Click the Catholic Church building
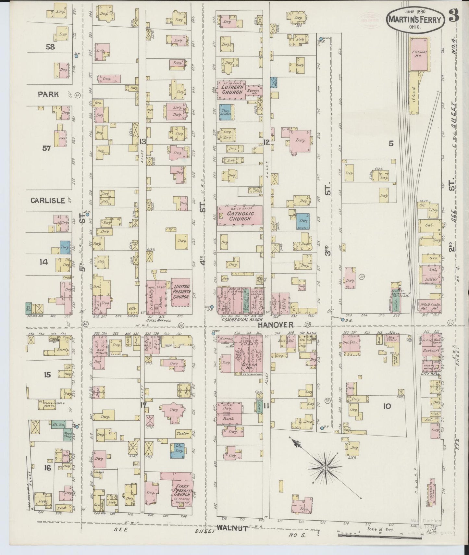pyautogui.click(x=240, y=216)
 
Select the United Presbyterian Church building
pyautogui.click(x=181, y=292)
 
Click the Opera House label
pyautogui.click(x=249, y=365)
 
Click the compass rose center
pyautogui.click(x=325, y=468)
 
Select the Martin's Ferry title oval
pyautogui.click(x=415, y=20)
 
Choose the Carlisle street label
pyautogui.click(x=48, y=200)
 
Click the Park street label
pyautogui.click(x=48, y=94)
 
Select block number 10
pyautogui.click(x=387, y=406)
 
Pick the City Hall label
pyautogui.click(x=430, y=374)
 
